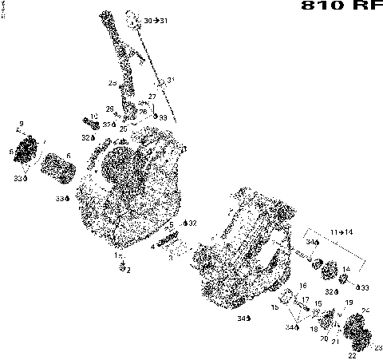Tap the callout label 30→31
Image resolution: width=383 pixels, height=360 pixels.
[x=156, y=19]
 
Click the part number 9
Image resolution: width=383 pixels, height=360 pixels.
[x=21, y=123]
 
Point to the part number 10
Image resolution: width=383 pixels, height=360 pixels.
[x=94, y=117]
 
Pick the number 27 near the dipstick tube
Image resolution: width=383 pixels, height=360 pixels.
[x=152, y=97]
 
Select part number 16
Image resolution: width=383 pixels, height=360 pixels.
[x=303, y=285]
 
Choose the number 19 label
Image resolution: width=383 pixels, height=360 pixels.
[x=348, y=303]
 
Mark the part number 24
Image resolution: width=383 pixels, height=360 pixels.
[x=365, y=311]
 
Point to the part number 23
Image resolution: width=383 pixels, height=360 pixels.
[x=377, y=347]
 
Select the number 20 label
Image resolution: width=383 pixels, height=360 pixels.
[x=323, y=338]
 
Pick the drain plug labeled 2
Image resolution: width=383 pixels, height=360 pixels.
[x=124, y=269]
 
